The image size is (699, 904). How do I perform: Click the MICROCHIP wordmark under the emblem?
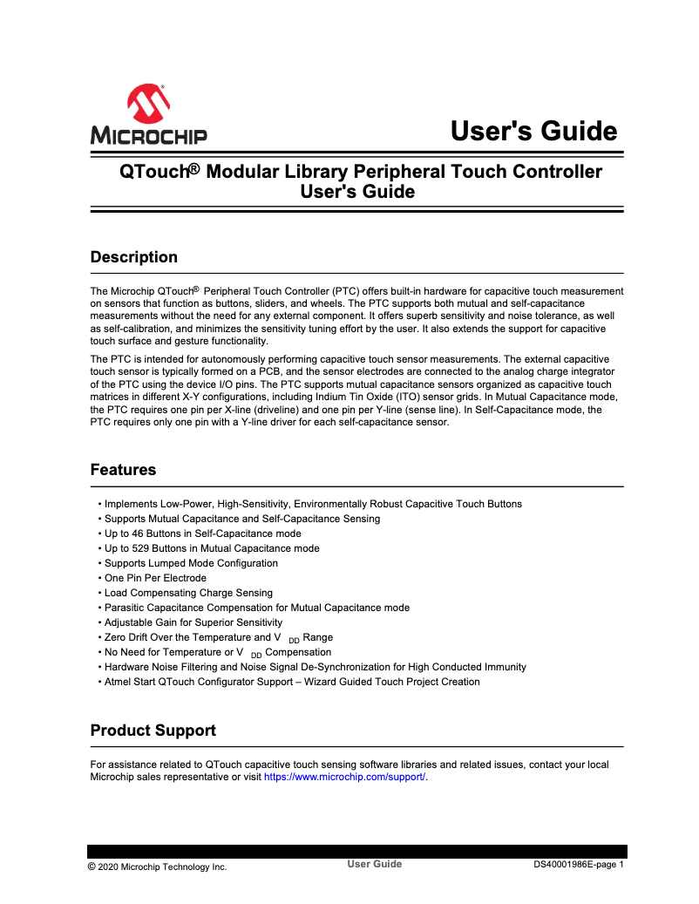tap(148, 136)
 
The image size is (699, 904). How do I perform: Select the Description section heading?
tap(133, 257)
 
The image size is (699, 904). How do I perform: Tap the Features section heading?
tap(123, 470)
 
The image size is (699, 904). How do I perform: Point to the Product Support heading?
tap(153, 730)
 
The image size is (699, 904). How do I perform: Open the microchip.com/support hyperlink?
tap(344, 777)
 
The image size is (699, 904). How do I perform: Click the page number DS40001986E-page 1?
tap(579, 865)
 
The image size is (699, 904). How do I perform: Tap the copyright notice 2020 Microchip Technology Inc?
tap(157, 867)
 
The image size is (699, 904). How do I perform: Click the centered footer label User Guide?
tap(375, 864)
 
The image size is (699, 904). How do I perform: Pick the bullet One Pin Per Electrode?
tap(155, 578)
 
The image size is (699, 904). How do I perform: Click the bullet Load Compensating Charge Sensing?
tap(188, 593)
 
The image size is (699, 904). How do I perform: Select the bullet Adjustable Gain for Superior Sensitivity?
tap(193, 622)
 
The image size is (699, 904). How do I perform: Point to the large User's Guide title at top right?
tap(533, 132)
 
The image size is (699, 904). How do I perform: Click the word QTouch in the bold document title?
tap(153, 172)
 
